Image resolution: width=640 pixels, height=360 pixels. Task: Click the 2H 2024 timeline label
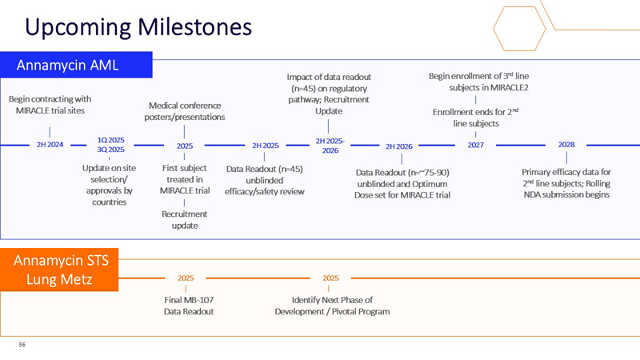tap(50, 145)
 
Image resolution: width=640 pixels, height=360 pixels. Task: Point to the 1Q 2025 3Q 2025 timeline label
tap(110, 144)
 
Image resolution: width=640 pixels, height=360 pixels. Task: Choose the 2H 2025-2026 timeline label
tap(330, 146)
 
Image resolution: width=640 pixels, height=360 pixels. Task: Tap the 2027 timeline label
tap(475, 145)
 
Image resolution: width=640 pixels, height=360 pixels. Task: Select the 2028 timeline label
tap(566, 145)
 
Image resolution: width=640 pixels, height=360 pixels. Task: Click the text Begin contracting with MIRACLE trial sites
tap(50, 104)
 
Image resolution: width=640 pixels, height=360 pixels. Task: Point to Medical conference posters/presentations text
tap(185, 111)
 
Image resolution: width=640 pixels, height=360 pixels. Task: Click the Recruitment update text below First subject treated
tap(185, 219)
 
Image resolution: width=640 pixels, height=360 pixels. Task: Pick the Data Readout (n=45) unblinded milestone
tap(264, 180)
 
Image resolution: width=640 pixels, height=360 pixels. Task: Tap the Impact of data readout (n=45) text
tap(329, 94)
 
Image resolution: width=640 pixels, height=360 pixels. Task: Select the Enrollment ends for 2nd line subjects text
tap(476, 118)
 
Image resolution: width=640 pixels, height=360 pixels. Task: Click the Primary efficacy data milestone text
tap(566, 183)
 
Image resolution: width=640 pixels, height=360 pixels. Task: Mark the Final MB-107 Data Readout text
tap(185, 306)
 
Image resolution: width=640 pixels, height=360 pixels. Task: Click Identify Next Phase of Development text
tap(331, 306)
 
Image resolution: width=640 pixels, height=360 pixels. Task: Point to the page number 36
tap(22, 346)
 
